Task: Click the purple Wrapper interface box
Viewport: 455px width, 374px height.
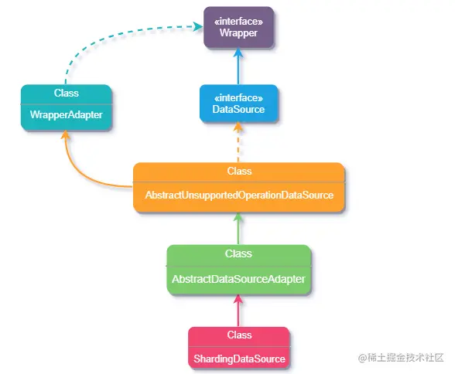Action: click(x=238, y=27)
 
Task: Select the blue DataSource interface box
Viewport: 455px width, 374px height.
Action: click(x=238, y=104)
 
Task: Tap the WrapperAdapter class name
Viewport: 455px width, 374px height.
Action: click(x=67, y=114)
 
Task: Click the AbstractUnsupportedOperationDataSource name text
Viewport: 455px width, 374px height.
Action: click(x=239, y=195)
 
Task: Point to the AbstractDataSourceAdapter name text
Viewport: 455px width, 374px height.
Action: click(x=238, y=279)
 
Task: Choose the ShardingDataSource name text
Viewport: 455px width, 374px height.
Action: click(x=239, y=359)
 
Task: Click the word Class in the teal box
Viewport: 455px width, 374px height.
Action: click(x=67, y=93)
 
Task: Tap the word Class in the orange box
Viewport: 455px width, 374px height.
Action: click(x=239, y=171)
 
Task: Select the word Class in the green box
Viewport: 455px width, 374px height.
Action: click(x=238, y=253)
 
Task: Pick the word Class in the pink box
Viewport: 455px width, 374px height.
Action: click(x=239, y=335)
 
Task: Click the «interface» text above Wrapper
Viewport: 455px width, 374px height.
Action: click(x=238, y=22)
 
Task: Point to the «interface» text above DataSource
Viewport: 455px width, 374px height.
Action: click(x=238, y=98)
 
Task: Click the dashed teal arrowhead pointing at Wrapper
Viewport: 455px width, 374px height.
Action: click(x=198, y=26)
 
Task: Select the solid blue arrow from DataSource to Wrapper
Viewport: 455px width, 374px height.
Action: click(x=238, y=66)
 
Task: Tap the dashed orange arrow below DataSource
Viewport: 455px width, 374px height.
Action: click(x=238, y=142)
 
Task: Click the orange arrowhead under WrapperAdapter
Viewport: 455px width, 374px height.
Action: click(x=66, y=134)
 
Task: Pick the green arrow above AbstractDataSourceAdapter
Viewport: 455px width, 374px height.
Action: click(x=238, y=229)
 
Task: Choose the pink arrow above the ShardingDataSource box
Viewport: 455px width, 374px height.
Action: click(x=238, y=311)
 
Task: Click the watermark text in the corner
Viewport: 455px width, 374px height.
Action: click(x=401, y=358)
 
